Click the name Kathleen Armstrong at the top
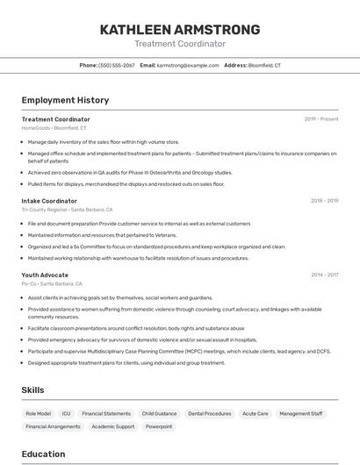[x=180, y=30]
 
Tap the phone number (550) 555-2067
[x=117, y=65]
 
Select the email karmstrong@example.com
[x=188, y=65]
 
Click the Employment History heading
[x=65, y=100]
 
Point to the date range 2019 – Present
[x=321, y=119]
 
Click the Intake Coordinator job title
[x=49, y=201]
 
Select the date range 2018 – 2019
[x=324, y=201]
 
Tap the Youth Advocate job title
[x=45, y=275]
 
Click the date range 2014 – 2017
[x=324, y=275]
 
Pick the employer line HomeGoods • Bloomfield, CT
[x=54, y=128]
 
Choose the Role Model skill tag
[x=38, y=413]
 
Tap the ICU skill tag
[x=67, y=413]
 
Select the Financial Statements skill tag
[x=106, y=413]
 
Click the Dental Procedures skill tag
[x=210, y=413]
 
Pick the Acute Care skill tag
[x=256, y=413]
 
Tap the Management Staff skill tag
[x=301, y=413]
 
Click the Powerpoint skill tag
[x=159, y=426]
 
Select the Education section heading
[x=43, y=454]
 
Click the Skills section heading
[x=32, y=390]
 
